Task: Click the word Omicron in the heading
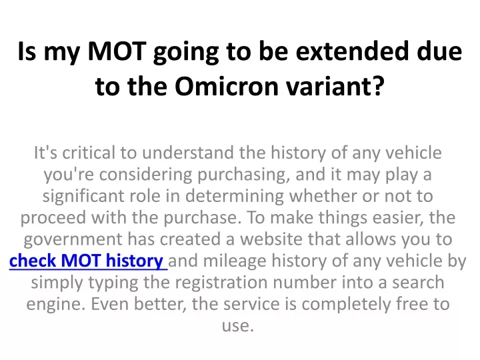227,86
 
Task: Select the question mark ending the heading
379,86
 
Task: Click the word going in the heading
186,53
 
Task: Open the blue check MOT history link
88,261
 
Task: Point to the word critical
89,153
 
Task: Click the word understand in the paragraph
188,153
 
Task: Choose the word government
73,240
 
